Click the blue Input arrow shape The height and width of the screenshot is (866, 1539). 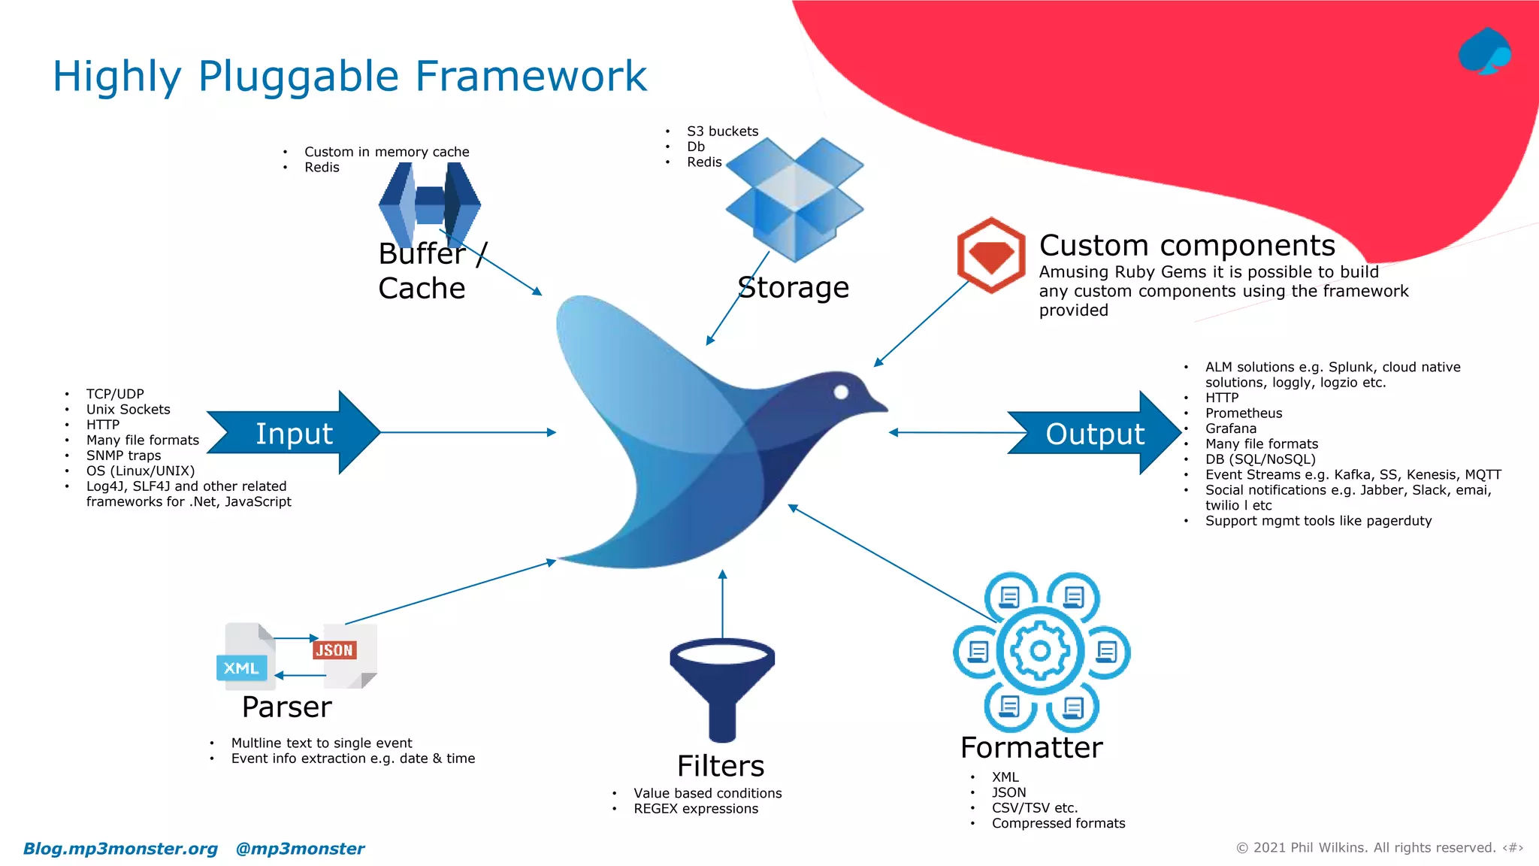point(294,433)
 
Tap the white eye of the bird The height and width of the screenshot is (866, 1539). point(841,392)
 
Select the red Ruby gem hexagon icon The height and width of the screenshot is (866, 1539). point(990,256)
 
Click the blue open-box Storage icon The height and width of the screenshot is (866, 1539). point(794,199)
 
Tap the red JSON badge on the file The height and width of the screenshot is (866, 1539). point(334,650)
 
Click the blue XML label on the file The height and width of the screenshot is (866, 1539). point(241,668)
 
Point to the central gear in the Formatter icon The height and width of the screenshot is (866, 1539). point(1040,651)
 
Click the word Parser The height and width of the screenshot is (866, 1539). point(286,707)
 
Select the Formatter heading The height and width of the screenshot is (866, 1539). point(1031,748)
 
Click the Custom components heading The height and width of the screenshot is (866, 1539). point(1187,246)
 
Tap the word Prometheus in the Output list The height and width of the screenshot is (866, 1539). point(1244,413)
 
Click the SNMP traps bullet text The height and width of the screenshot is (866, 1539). point(123,456)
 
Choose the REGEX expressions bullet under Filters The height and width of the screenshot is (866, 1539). point(695,809)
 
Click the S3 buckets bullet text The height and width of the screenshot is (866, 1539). point(722,132)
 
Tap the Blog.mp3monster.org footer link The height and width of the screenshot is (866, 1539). point(120,849)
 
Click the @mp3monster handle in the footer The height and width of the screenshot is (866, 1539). point(300,849)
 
